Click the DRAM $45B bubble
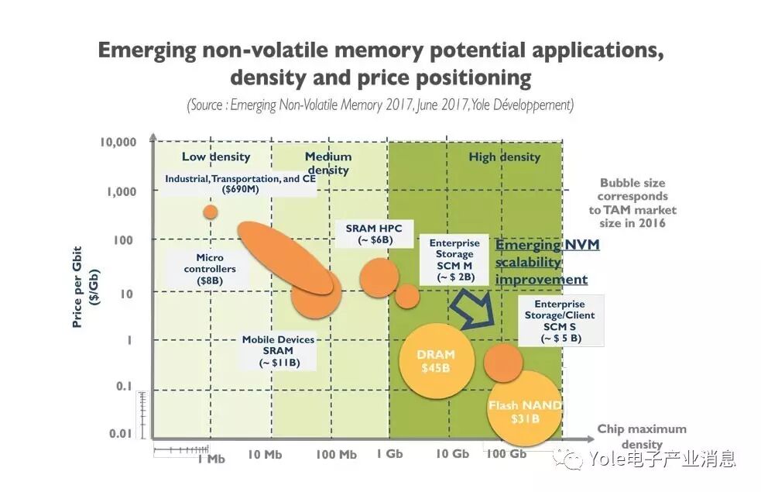pos(436,361)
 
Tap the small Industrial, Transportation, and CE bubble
pos(210,212)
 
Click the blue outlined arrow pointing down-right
pos(471,308)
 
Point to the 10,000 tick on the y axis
pos(118,143)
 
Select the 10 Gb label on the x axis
pos(452,454)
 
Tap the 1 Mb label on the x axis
pos(210,457)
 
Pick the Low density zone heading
pos(216,157)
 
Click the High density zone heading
pos(504,157)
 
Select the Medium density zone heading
pos(327,163)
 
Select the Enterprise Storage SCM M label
pos(454,260)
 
